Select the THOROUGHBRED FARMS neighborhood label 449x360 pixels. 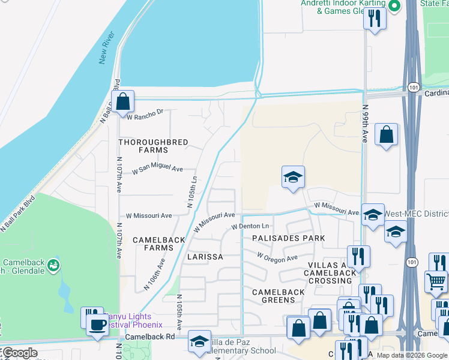pyautogui.click(x=153, y=146)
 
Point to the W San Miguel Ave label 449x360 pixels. pyautogui.click(x=157, y=170)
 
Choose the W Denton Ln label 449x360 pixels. pyautogui.click(x=250, y=226)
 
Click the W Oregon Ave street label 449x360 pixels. pyautogui.click(x=277, y=257)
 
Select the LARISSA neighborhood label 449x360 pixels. pyautogui.click(x=205, y=256)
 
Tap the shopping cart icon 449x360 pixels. pyautogui.click(x=435, y=281)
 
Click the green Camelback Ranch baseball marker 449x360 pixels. pyautogui.click(x=53, y=265)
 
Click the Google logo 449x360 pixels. pyautogui.click(x=20, y=353)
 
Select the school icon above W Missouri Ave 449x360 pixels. pyautogui.click(x=292, y=177)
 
